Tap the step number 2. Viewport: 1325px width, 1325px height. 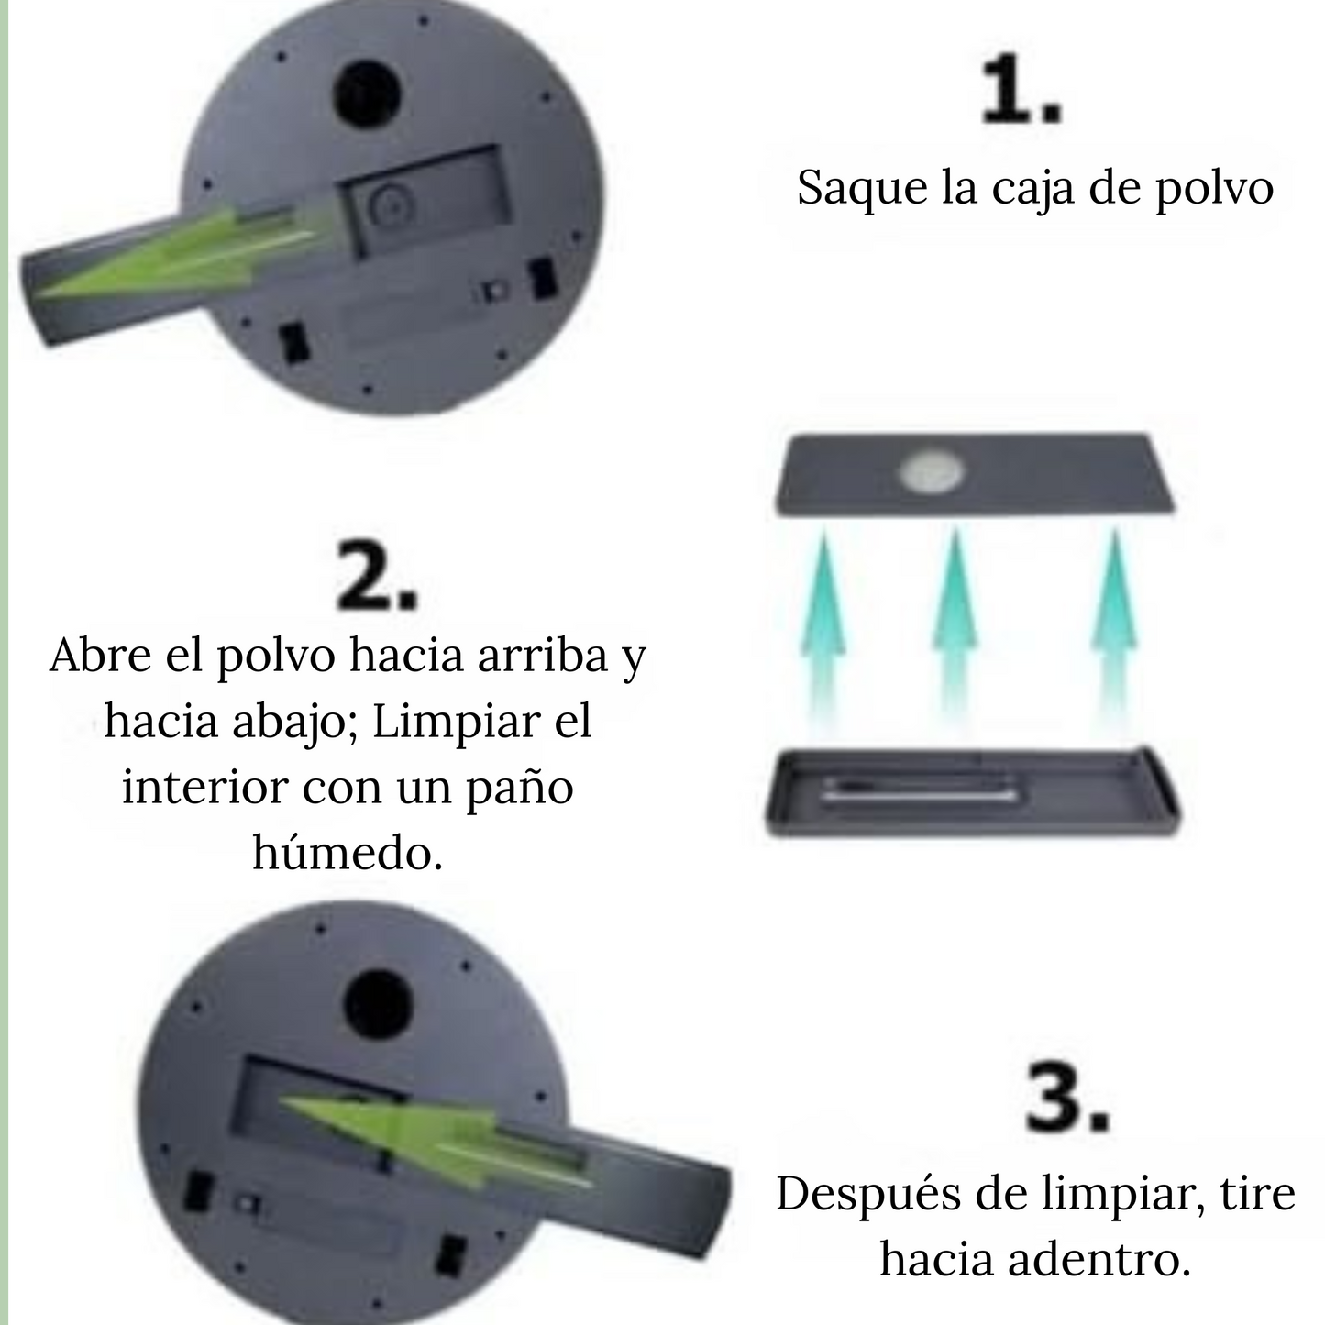[376, 577]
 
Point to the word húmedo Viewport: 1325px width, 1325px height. [348, 854]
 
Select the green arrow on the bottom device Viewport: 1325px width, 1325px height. [431, 1135]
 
